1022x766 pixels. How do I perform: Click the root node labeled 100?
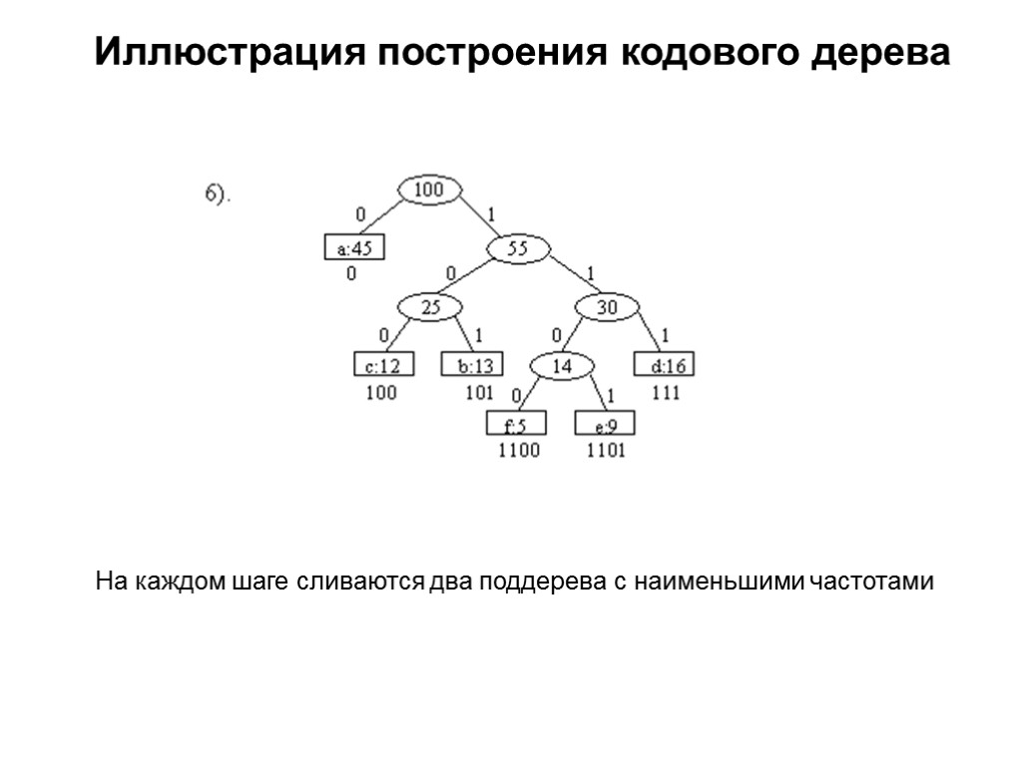coord(429,189)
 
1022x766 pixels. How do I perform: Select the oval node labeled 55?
coord(517,249)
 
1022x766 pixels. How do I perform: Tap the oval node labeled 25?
coord(429,308)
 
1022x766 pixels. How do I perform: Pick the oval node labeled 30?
coord(607,308)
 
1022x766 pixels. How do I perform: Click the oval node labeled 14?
coord(562,366)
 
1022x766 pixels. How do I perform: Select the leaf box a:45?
coord(354,249)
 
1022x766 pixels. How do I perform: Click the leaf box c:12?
coord(384,366)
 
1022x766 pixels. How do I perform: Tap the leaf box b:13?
coord(472,366)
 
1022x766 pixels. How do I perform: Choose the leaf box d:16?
coord(665,366)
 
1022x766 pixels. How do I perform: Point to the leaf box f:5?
coord(516,425)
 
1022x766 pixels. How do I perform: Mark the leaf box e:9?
coord(605,425)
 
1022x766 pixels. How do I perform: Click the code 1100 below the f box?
coord(518,451)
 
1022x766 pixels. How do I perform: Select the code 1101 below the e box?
coord(606,451)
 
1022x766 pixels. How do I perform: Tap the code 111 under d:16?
coord(666,393)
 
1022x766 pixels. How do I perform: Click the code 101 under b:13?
coord(479,393)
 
